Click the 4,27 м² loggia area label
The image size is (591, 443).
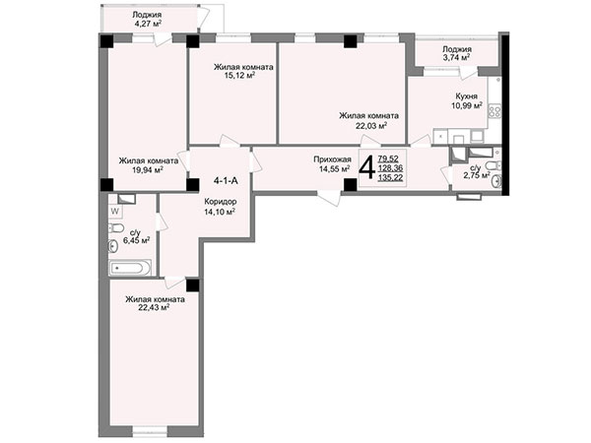[x=148, y=24]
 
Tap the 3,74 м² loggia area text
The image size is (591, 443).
[x=456, y=58]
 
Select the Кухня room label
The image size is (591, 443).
[x=466, y=96]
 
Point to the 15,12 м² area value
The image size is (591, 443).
[x=239, y=76]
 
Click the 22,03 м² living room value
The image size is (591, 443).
[x=371, y=125]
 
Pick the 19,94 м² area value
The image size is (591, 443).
[x=148, y=170]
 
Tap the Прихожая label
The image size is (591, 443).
[x=333, y=159]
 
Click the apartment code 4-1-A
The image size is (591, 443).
[x=226, y=181]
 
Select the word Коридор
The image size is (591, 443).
[x=221, y=202]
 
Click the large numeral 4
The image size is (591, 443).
[x=366, y=167]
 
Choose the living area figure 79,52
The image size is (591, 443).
[x=389, y=159]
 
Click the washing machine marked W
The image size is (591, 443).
[x=115, y=212]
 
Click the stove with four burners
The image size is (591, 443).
[x=494, y=110]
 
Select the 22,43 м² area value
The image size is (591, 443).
[x=154, y=308]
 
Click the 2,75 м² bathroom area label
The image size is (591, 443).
[x=477, y=175]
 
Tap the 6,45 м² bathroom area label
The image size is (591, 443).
[x=137, y=240]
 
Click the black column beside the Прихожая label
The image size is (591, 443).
[x=350, y=185]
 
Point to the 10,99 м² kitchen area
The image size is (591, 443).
[x=467, y=106]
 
